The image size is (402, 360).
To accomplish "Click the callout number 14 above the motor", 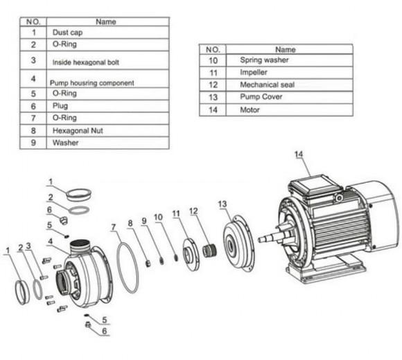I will (300, 154).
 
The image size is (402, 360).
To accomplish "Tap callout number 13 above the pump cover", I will (222, 204).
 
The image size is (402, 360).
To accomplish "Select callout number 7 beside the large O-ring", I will (113, 227).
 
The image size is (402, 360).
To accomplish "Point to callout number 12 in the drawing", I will (193, 210).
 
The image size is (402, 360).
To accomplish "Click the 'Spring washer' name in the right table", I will (264, 60).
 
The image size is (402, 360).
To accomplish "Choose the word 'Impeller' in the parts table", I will (254, 72).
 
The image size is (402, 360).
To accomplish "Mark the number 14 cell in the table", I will (213, 109).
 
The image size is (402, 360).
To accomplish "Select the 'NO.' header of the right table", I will (213, 50).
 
